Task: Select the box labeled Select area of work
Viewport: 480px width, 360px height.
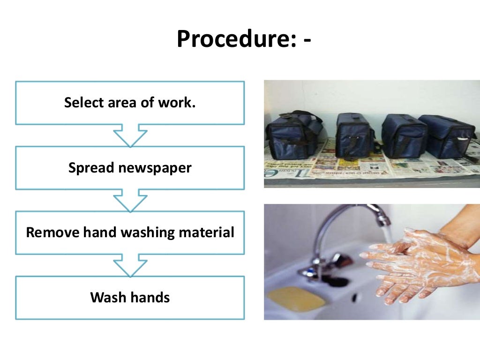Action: [x=130, y=103]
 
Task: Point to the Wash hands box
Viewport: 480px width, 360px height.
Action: [x=130, y=298]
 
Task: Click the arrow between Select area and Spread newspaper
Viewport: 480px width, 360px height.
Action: [x=130, y=135]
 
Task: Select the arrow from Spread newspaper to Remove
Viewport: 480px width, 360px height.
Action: [x=130, y=200]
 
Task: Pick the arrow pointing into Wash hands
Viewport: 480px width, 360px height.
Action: [x=130, y=265]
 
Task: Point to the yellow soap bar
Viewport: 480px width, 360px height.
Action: [x=296, y=299]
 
